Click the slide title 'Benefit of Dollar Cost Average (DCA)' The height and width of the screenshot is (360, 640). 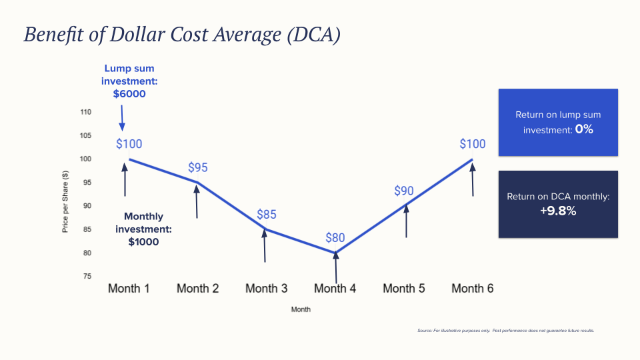182,35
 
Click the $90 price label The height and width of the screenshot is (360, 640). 404,191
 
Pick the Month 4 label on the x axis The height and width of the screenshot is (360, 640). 335,289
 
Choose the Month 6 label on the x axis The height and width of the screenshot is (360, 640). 473,289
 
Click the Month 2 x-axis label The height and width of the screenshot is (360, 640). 198,289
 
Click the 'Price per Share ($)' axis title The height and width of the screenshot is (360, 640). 65,202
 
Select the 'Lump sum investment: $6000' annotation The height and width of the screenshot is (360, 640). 129,81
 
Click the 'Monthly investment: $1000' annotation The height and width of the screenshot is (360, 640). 143,229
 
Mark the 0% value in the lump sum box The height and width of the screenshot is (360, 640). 584,129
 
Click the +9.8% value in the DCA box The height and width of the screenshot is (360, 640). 559,211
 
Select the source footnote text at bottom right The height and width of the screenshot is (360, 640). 505,330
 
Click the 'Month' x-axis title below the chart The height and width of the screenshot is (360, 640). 301,309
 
